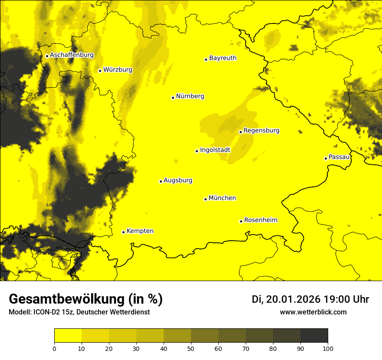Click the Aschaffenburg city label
(72, 55)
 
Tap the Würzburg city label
(118, 70)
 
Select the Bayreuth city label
(223, 58)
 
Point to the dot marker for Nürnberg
(173, 98)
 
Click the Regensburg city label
(261, 131)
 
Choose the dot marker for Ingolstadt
(197, 151)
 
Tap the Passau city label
(339, 157)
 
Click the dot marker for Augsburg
(161, 181)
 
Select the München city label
(222, 198)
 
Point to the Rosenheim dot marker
(241, 221)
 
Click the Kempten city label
(140, 231)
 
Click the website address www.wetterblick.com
(313, 312)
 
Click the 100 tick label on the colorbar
(328, 348)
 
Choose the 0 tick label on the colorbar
(54, 348)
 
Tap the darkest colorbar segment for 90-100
(314, 335)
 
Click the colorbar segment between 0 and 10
(68, 335)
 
